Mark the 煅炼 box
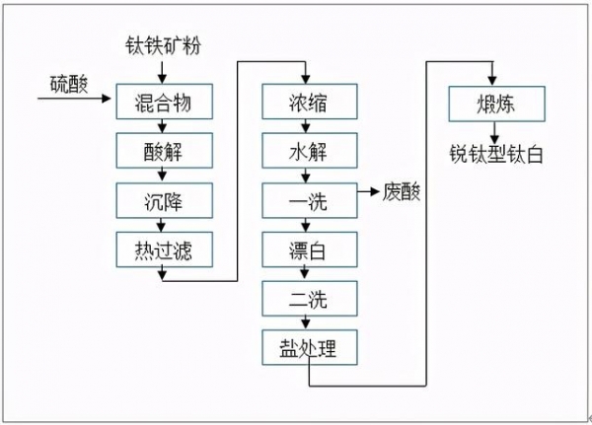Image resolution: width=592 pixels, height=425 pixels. pos(493,103)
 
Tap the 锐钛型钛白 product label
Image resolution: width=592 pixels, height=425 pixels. pos(493,155)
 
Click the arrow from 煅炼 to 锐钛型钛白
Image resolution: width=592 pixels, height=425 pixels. pos(493,130)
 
